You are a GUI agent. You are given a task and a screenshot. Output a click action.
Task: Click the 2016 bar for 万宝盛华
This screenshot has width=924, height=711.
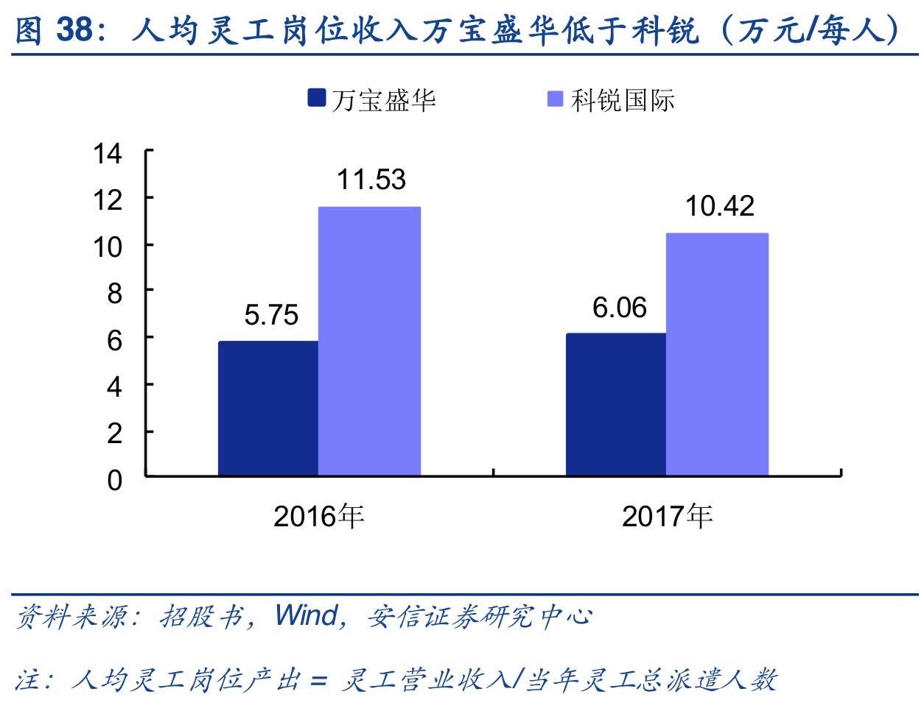pyautogui.click(x=268, y=408)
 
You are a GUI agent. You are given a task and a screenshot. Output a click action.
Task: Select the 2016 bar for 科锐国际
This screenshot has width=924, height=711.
pyautogui.click(x=369, y=341)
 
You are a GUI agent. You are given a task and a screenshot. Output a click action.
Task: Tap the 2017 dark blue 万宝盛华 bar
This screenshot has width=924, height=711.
pyautogui.click(x=616, y=404)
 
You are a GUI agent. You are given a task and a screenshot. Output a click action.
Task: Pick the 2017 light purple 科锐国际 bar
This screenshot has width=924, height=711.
pyautogui.click(x=717, y=354)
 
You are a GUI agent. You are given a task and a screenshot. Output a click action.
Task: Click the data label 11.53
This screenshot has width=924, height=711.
pyautogui.click(x=371, y=180)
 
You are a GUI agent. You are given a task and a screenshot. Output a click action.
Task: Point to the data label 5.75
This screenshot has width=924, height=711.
pyautogui.click(x=271, y=315)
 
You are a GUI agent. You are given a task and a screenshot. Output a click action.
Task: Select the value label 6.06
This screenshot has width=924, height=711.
pyautogui.click(x=620, y=307)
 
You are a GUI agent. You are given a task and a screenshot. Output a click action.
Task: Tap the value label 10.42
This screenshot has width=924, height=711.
pyautogui.click(x=720, y=206)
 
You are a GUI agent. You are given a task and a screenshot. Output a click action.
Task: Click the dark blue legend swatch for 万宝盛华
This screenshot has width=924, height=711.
pyautogui.click(x=317, y=99)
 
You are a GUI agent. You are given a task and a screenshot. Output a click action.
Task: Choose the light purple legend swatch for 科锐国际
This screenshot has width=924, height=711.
pyautogui.click(x=556, y=99)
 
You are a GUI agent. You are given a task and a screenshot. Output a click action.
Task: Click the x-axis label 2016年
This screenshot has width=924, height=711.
pyautogui.click(x=319, y=516)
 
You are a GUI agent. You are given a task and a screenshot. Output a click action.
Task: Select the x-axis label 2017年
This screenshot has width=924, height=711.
pyautogui.click(x=668, y=516)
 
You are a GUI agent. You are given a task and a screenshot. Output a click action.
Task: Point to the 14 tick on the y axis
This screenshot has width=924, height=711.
pyautogui.click(x=108, y=153)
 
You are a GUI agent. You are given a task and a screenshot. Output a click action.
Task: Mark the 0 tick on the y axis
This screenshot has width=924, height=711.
pyautogui.click(x=114, y=480)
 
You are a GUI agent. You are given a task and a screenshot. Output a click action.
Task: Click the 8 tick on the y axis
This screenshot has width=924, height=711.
pyautogui.click(x=114, y=294)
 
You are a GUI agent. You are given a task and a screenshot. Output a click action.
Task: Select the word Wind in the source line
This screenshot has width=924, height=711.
pyautogui.click(x=307, y=615)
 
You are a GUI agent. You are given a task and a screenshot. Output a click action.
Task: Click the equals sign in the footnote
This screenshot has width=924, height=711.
pyautogui.click(x=318, y=679)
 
